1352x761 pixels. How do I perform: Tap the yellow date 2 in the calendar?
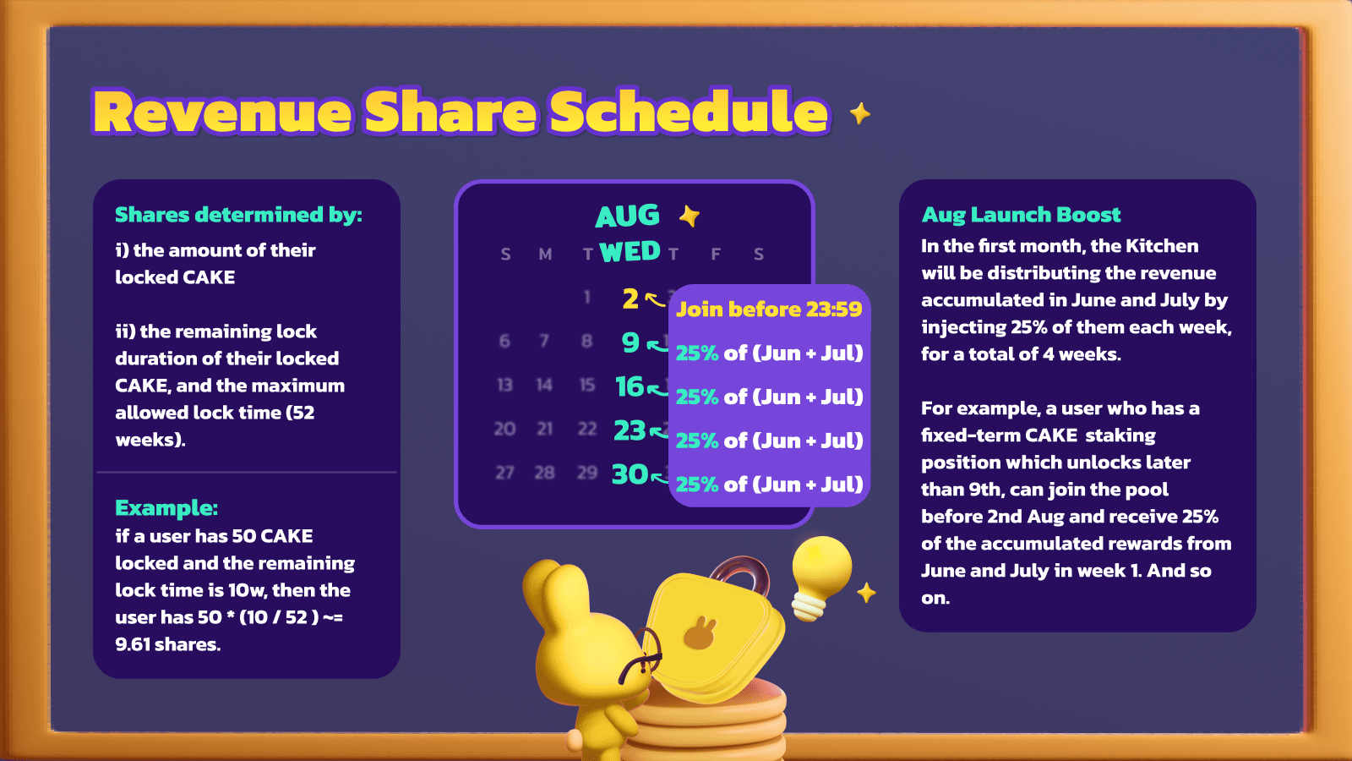630,298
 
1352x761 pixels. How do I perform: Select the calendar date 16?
630,386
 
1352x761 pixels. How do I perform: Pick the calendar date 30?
630,474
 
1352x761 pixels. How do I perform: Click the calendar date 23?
630,430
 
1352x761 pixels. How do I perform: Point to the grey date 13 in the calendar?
504,386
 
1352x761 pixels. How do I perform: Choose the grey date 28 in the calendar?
544,473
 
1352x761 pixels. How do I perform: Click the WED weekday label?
630,252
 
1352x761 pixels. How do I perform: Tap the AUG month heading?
627,216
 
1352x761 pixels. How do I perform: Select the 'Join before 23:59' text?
769,309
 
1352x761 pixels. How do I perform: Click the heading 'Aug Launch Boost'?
1021,215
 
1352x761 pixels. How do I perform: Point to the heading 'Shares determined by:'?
238,215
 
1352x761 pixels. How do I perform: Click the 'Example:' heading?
166,508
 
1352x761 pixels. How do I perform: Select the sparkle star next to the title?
860,113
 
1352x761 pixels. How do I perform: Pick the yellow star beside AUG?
690,216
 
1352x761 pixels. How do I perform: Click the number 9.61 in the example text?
132,644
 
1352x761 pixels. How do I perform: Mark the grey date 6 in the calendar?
504,342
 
